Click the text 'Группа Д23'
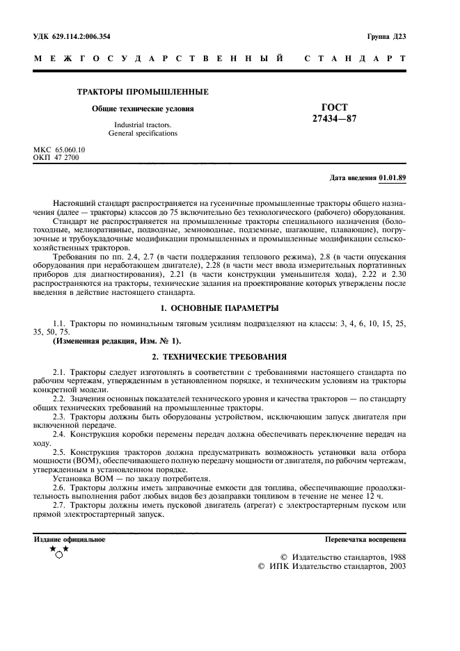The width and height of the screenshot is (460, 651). click(386, 35)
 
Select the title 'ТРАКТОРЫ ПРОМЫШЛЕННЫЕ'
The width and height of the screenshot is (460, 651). click(143, 92)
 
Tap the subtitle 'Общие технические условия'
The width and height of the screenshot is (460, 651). click(143, 108)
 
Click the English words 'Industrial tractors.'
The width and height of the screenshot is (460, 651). click(143, 124)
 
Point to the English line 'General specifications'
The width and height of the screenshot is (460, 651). click(143, 133)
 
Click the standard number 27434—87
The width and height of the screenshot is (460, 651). click(335, 119)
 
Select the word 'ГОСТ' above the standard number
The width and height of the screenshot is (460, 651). click(335, 107)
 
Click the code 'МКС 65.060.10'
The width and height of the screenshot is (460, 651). click(59, 150)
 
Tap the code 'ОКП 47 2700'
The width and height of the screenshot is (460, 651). click(56, 158)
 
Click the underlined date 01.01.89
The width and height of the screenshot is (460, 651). click(392, 178)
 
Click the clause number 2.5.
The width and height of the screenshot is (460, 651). click(58, 451)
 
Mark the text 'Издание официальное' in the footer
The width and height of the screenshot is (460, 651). click(70, 539)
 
